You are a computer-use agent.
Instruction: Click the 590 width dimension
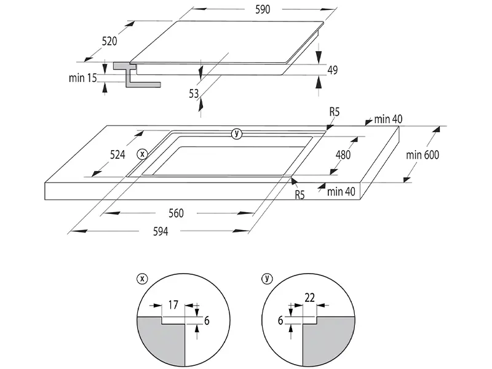click(x=261, y=10)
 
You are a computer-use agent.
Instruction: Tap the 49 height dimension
click(x=333, y=70)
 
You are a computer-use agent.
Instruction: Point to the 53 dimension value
click(x=194, y=93)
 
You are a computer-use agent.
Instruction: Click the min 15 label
click(x=84, y=78)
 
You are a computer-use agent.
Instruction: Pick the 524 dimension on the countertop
click(x=117, y=154)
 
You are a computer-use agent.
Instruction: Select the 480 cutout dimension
click(x=343, y=155)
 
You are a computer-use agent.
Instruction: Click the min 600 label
click(x=423, y=155)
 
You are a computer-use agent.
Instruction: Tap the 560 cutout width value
click(x=176, y=213)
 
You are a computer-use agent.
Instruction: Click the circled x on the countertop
click(x=142, y=154)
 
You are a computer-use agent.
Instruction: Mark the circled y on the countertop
click(x=237, y=134)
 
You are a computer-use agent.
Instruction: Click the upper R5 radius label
click(x=335, y=112)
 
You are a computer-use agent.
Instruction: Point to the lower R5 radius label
click(x=300, y=196)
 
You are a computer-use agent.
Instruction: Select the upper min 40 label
click(x=388, y=118)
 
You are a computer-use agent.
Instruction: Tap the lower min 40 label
click(x=341, y=192)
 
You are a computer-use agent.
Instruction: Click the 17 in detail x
click(x=173, y=303)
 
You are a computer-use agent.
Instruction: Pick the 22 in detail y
click(x=310, y=298)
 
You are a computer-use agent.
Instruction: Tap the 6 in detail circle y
click(x=280, y=320)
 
